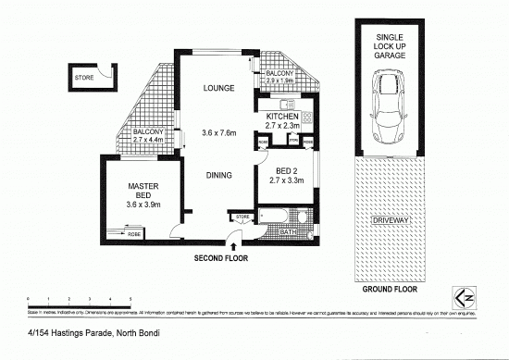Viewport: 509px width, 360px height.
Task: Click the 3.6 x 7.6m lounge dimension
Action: point(218,134)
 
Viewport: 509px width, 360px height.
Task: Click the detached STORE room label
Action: point(84,79)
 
